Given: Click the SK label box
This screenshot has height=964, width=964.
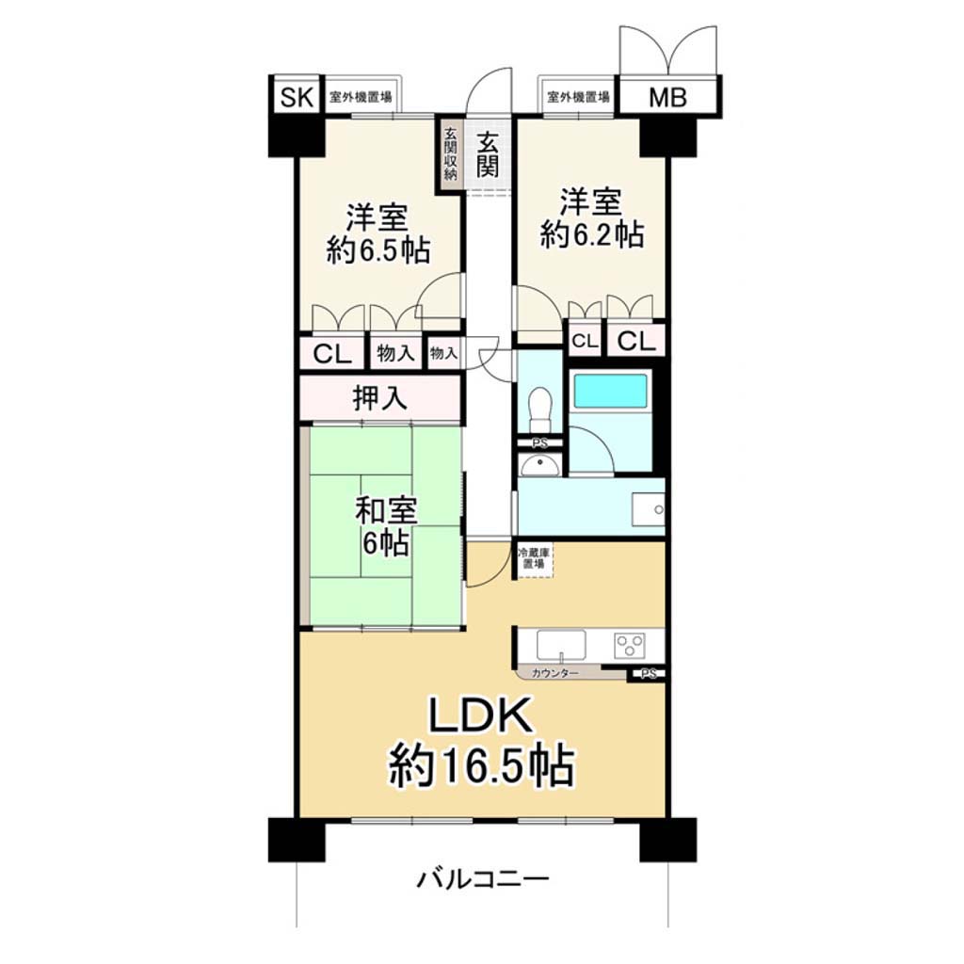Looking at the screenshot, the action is coord(297,97).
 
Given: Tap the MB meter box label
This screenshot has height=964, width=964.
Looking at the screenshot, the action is coord(667,97).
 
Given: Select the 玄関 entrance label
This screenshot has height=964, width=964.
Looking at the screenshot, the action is coord(488,155).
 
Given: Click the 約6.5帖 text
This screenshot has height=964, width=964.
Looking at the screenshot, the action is coord(378,250).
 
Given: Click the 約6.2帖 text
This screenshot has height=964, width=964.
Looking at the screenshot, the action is coord(592,234).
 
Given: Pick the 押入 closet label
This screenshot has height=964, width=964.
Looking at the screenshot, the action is coord(379,398).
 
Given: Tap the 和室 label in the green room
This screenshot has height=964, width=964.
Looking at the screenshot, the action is coord(386,511).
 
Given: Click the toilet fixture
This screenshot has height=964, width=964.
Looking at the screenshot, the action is coord(539,409).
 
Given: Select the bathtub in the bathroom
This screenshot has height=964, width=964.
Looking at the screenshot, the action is coord(610,392).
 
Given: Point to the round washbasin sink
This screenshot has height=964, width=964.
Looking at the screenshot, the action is coord(539,465).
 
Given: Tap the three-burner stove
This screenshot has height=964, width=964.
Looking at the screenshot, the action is coord(630,646).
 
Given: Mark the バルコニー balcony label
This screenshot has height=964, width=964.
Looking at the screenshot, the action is coord(483,879).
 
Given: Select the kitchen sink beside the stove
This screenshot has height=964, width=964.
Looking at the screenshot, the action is coord(561,645).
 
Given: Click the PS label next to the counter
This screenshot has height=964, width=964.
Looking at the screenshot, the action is coord(648,674).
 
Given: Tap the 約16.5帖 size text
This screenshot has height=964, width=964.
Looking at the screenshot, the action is coord(482,765).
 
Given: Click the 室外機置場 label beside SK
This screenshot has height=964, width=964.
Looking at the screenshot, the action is coord(361,97).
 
